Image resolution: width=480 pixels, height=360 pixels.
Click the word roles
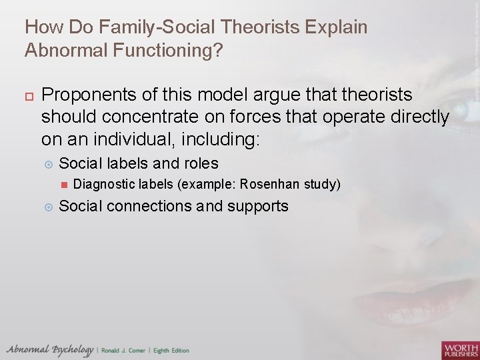click(199, 163)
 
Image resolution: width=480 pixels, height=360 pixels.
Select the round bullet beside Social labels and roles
click(47, 163)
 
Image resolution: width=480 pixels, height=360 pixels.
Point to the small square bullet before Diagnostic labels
click(63, 185)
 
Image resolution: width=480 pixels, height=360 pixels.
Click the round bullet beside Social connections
click(47, 207)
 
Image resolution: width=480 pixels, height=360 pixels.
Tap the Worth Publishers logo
click(459, 349)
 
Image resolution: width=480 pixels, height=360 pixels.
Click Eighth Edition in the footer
click(171, 351)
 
